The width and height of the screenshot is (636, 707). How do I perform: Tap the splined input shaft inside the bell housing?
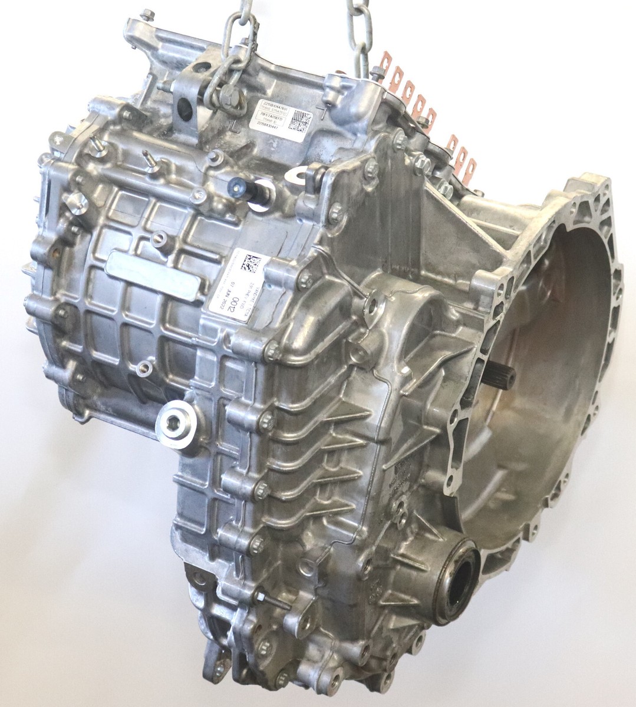pyautogui.click(x=504, y=376)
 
